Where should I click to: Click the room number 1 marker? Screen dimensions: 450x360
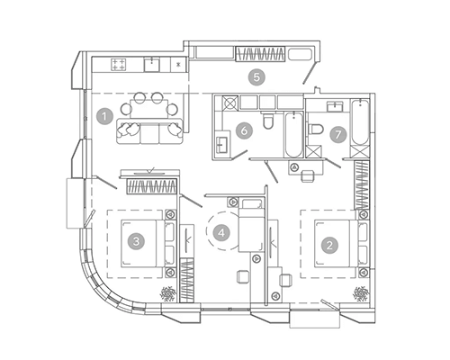(104, 116)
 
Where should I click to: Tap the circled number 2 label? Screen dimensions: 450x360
(329, 246)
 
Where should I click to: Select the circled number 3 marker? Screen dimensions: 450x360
(136, 241)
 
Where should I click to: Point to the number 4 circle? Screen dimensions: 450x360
(221, 233)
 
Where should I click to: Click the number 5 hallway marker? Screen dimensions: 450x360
(256, 77)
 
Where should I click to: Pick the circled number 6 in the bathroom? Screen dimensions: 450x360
(244, 131)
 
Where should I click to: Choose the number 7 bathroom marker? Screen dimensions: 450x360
(338, 134)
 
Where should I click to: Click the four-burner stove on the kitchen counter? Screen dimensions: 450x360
(119, 65)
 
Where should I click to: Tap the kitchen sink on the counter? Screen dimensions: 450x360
(151, 65)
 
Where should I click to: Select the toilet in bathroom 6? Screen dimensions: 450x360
(267, 120)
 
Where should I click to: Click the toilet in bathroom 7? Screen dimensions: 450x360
(315, 130)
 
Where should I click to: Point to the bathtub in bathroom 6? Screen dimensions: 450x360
(293, 134)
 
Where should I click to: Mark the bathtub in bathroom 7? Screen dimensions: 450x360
(359, 122)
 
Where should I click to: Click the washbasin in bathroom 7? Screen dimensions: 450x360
(335, 107)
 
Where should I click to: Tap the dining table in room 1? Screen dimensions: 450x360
(149, 109)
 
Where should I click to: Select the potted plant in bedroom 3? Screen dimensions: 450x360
(168, 293)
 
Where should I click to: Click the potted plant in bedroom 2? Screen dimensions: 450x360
(361, 293)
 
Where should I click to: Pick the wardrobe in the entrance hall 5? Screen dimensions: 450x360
(260, 54)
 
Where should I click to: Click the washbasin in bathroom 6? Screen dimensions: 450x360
(222, 145)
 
